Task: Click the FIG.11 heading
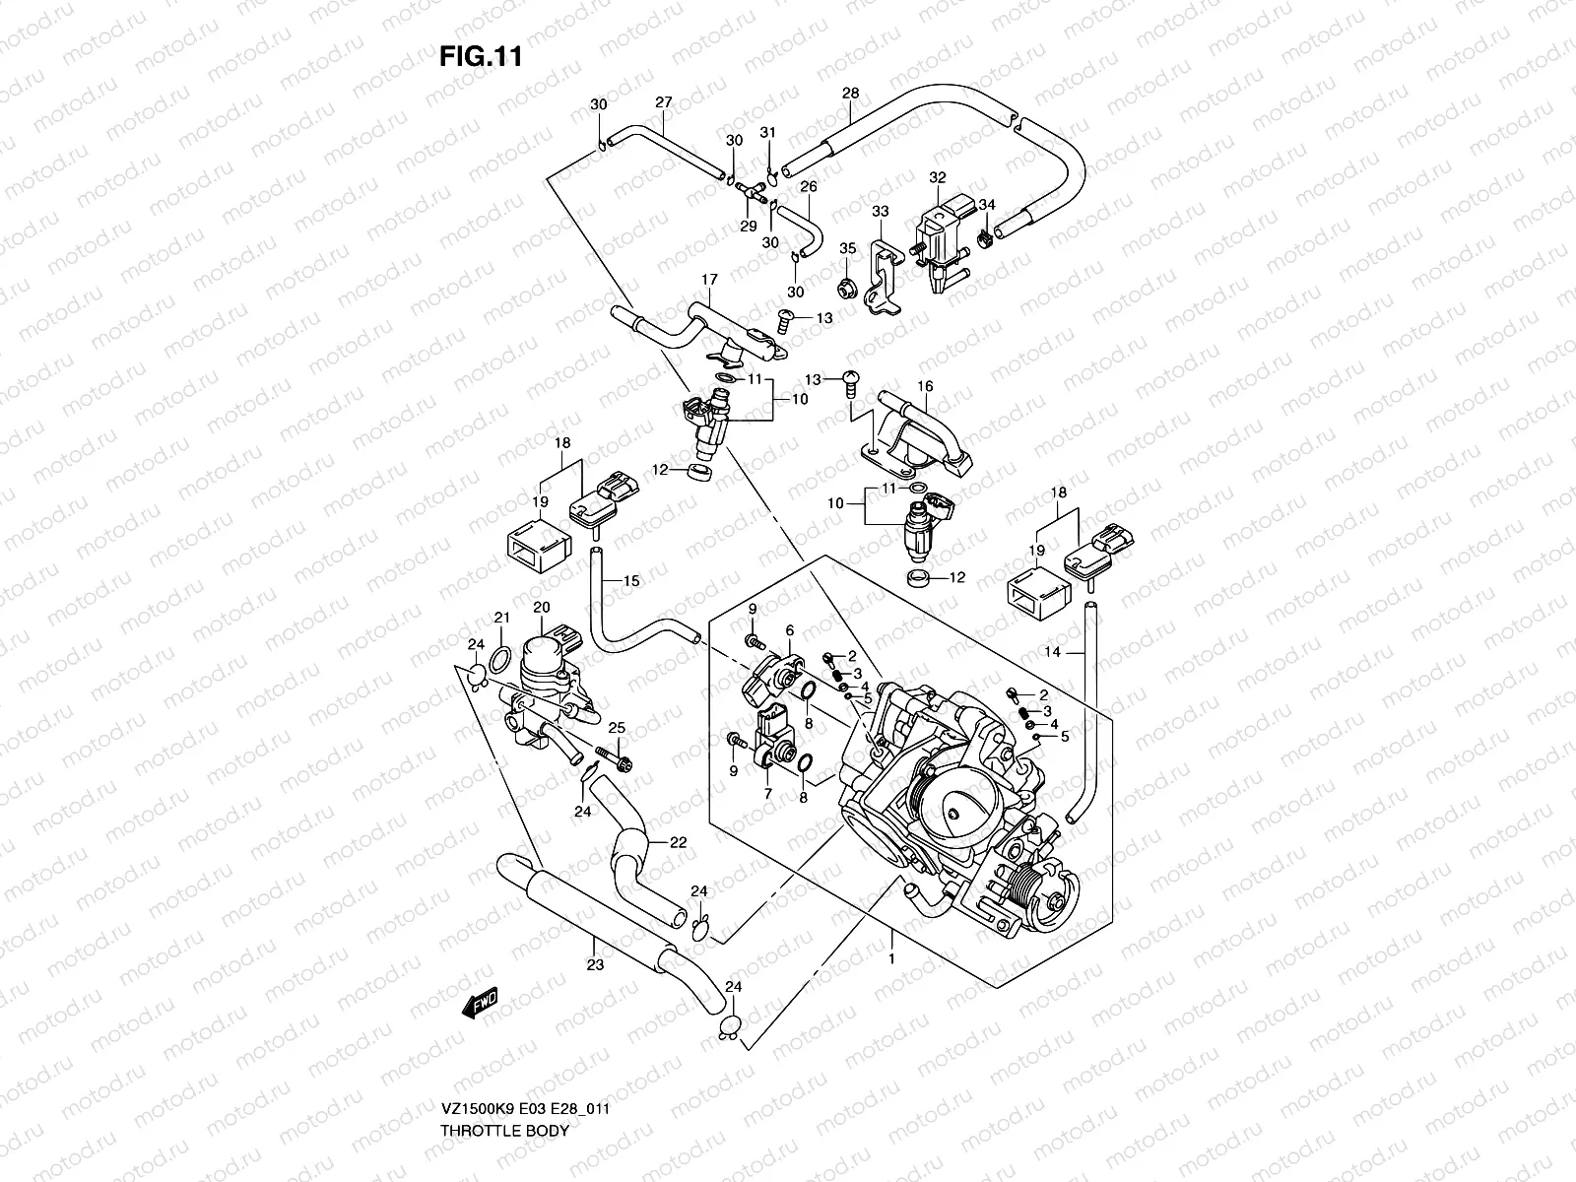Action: coord(481,57)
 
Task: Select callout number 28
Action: coord(851,94)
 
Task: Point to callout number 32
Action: coord(937,177)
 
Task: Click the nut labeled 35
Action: coord(845,289)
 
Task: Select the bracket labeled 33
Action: coord(884,276)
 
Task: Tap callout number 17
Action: coord(707,280)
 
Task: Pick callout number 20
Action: coord(541,608)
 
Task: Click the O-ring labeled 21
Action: coord(499,657)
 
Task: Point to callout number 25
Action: coord(617,727)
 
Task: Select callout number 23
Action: coord(594,966)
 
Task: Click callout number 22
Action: coord(678,841)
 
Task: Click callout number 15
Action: coord(631,581)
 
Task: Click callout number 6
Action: coord(789,630)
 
